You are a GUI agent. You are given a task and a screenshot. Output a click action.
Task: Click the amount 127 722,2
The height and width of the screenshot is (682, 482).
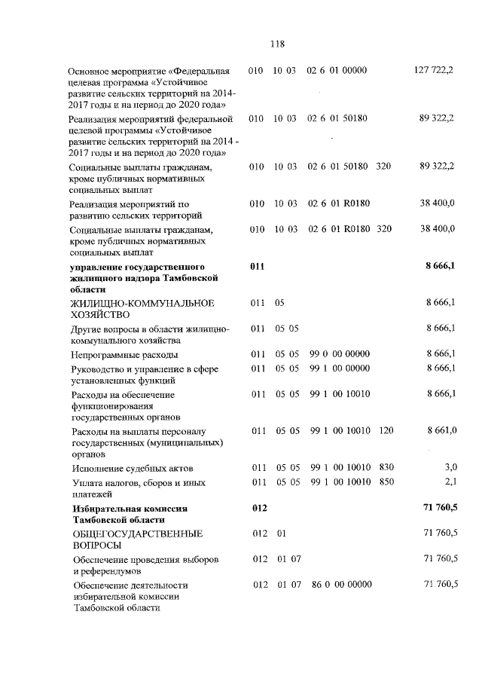[434, 71]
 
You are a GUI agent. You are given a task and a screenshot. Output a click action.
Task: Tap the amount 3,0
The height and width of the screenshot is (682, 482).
[450, 468]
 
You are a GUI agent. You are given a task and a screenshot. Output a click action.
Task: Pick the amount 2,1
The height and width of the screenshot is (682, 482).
[450, 482]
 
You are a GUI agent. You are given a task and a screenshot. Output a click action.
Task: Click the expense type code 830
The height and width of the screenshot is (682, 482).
[386, 468]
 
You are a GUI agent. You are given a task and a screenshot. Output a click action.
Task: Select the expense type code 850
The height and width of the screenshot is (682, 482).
[386, 482]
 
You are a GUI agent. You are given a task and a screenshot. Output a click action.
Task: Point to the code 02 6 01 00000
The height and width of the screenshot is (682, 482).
[337, 71]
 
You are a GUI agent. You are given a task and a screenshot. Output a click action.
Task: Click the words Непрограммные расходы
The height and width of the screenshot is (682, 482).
[124, 354]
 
